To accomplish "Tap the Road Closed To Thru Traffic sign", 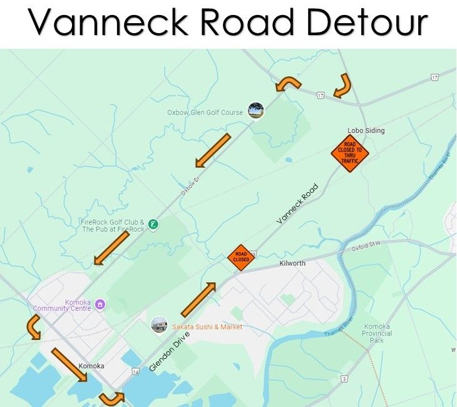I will (350, 153).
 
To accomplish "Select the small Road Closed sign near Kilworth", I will (241, 257).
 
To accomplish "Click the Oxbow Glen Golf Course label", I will (205, 113).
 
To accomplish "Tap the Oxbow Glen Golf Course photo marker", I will (255, 111).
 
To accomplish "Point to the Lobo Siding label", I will (366, 131).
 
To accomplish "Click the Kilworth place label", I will (293, 264).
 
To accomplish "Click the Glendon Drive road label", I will (170, 351).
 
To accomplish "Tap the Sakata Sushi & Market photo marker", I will (159, 325).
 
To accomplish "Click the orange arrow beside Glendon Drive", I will (198, 299).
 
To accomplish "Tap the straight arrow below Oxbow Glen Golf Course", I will (213, 150).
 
